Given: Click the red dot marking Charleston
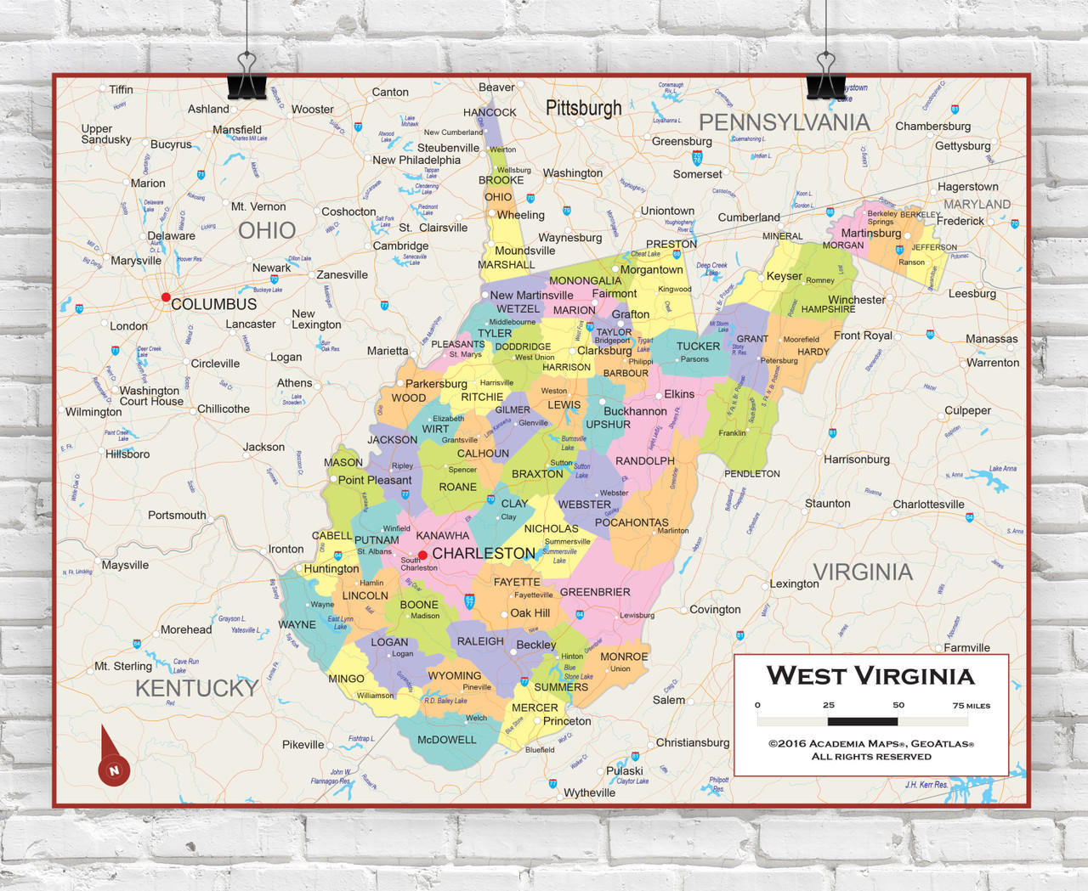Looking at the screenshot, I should pyautogui.click(x=422, y=555).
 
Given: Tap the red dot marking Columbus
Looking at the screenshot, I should pyautogui.click(x=166, y=297).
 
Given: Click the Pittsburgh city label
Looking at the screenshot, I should pyautogui.click(x=583, y=108).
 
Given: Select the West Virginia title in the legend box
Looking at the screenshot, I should pyautogui.click(x=870, y=676).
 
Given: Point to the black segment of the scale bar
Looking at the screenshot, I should pyautogui.click(x=862, y=721).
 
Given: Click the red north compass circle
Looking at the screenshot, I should pyautogui.click(x=114, y=770).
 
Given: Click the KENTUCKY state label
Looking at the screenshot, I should pyautogui.click(x=196, y=688).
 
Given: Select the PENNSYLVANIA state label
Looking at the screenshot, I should pyautogui.click(x=784, y=122).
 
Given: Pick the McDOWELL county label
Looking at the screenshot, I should pyautogui.click(x=446, y=740).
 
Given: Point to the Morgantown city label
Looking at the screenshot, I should pyautogui.click(x=651, y=269).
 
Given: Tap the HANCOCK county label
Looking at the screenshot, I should pyautogui.click(x=490, y=112).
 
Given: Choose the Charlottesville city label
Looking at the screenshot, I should pyautogui.click(x=928, y=504).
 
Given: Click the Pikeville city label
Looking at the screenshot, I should pyautogui.click(x=303, y=744).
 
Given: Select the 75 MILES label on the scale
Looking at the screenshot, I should pyautogui.click(x=971, y=705).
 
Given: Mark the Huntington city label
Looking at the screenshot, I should pyautogui.click(x=331, y=568).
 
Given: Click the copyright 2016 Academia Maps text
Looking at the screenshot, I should pyautogui.click(x=870, y=743).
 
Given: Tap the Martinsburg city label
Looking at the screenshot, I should pyautogui.click(x=870, y=233).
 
